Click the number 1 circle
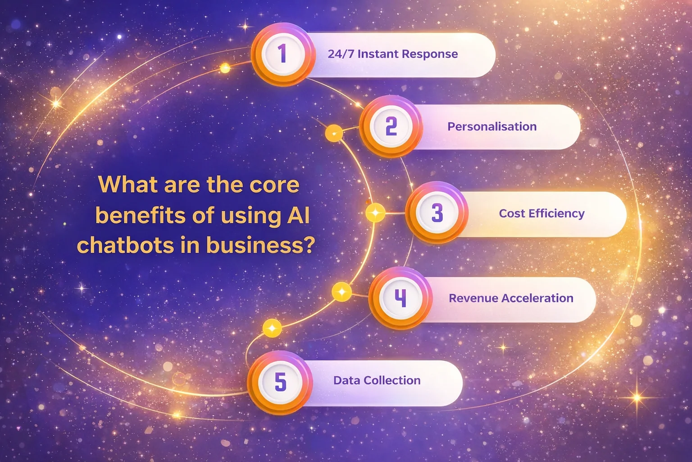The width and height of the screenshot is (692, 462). (283, 54)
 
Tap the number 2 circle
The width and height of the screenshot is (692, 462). (391, 126)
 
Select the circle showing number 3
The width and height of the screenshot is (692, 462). (437, 213)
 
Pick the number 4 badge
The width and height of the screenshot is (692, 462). (401, 298)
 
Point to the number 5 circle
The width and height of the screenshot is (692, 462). (280, 383)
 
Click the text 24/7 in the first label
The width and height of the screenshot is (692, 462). (341, 54)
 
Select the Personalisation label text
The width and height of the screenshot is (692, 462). (492, 127)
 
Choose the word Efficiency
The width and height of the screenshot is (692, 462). (557, 214)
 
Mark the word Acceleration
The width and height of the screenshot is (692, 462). (537, 298)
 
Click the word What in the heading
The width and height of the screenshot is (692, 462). (128, 185)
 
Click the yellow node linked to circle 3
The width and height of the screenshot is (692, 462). (375, 213)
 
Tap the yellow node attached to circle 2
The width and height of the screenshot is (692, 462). (334, 134)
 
